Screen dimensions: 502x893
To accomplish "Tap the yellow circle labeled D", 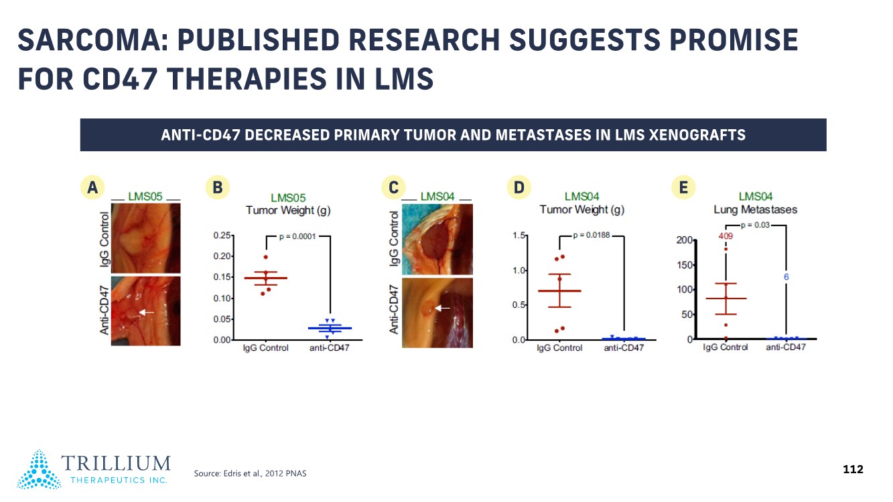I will (x=519, y=188).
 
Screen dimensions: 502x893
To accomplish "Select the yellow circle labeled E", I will (x=683, y=188).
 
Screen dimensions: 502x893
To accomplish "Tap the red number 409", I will (x=726, y=236).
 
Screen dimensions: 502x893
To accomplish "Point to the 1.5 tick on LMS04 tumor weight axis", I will (x=519, y=236).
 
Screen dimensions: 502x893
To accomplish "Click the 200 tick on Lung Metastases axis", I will (x=684, y=240).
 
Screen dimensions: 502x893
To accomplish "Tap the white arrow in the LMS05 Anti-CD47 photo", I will (x=147, y=312).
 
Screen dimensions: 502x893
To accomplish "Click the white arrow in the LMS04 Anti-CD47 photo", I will (x=442, y=308).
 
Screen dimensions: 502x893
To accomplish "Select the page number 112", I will (x=853, y=469).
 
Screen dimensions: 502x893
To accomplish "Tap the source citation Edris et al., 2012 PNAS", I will (x=250, y=474).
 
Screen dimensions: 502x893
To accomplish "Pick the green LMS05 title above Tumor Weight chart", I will (x=288, y=198).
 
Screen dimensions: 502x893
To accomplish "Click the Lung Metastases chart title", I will (x=756, y=210).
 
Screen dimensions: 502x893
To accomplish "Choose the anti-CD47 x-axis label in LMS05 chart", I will (x=329, y=348).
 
